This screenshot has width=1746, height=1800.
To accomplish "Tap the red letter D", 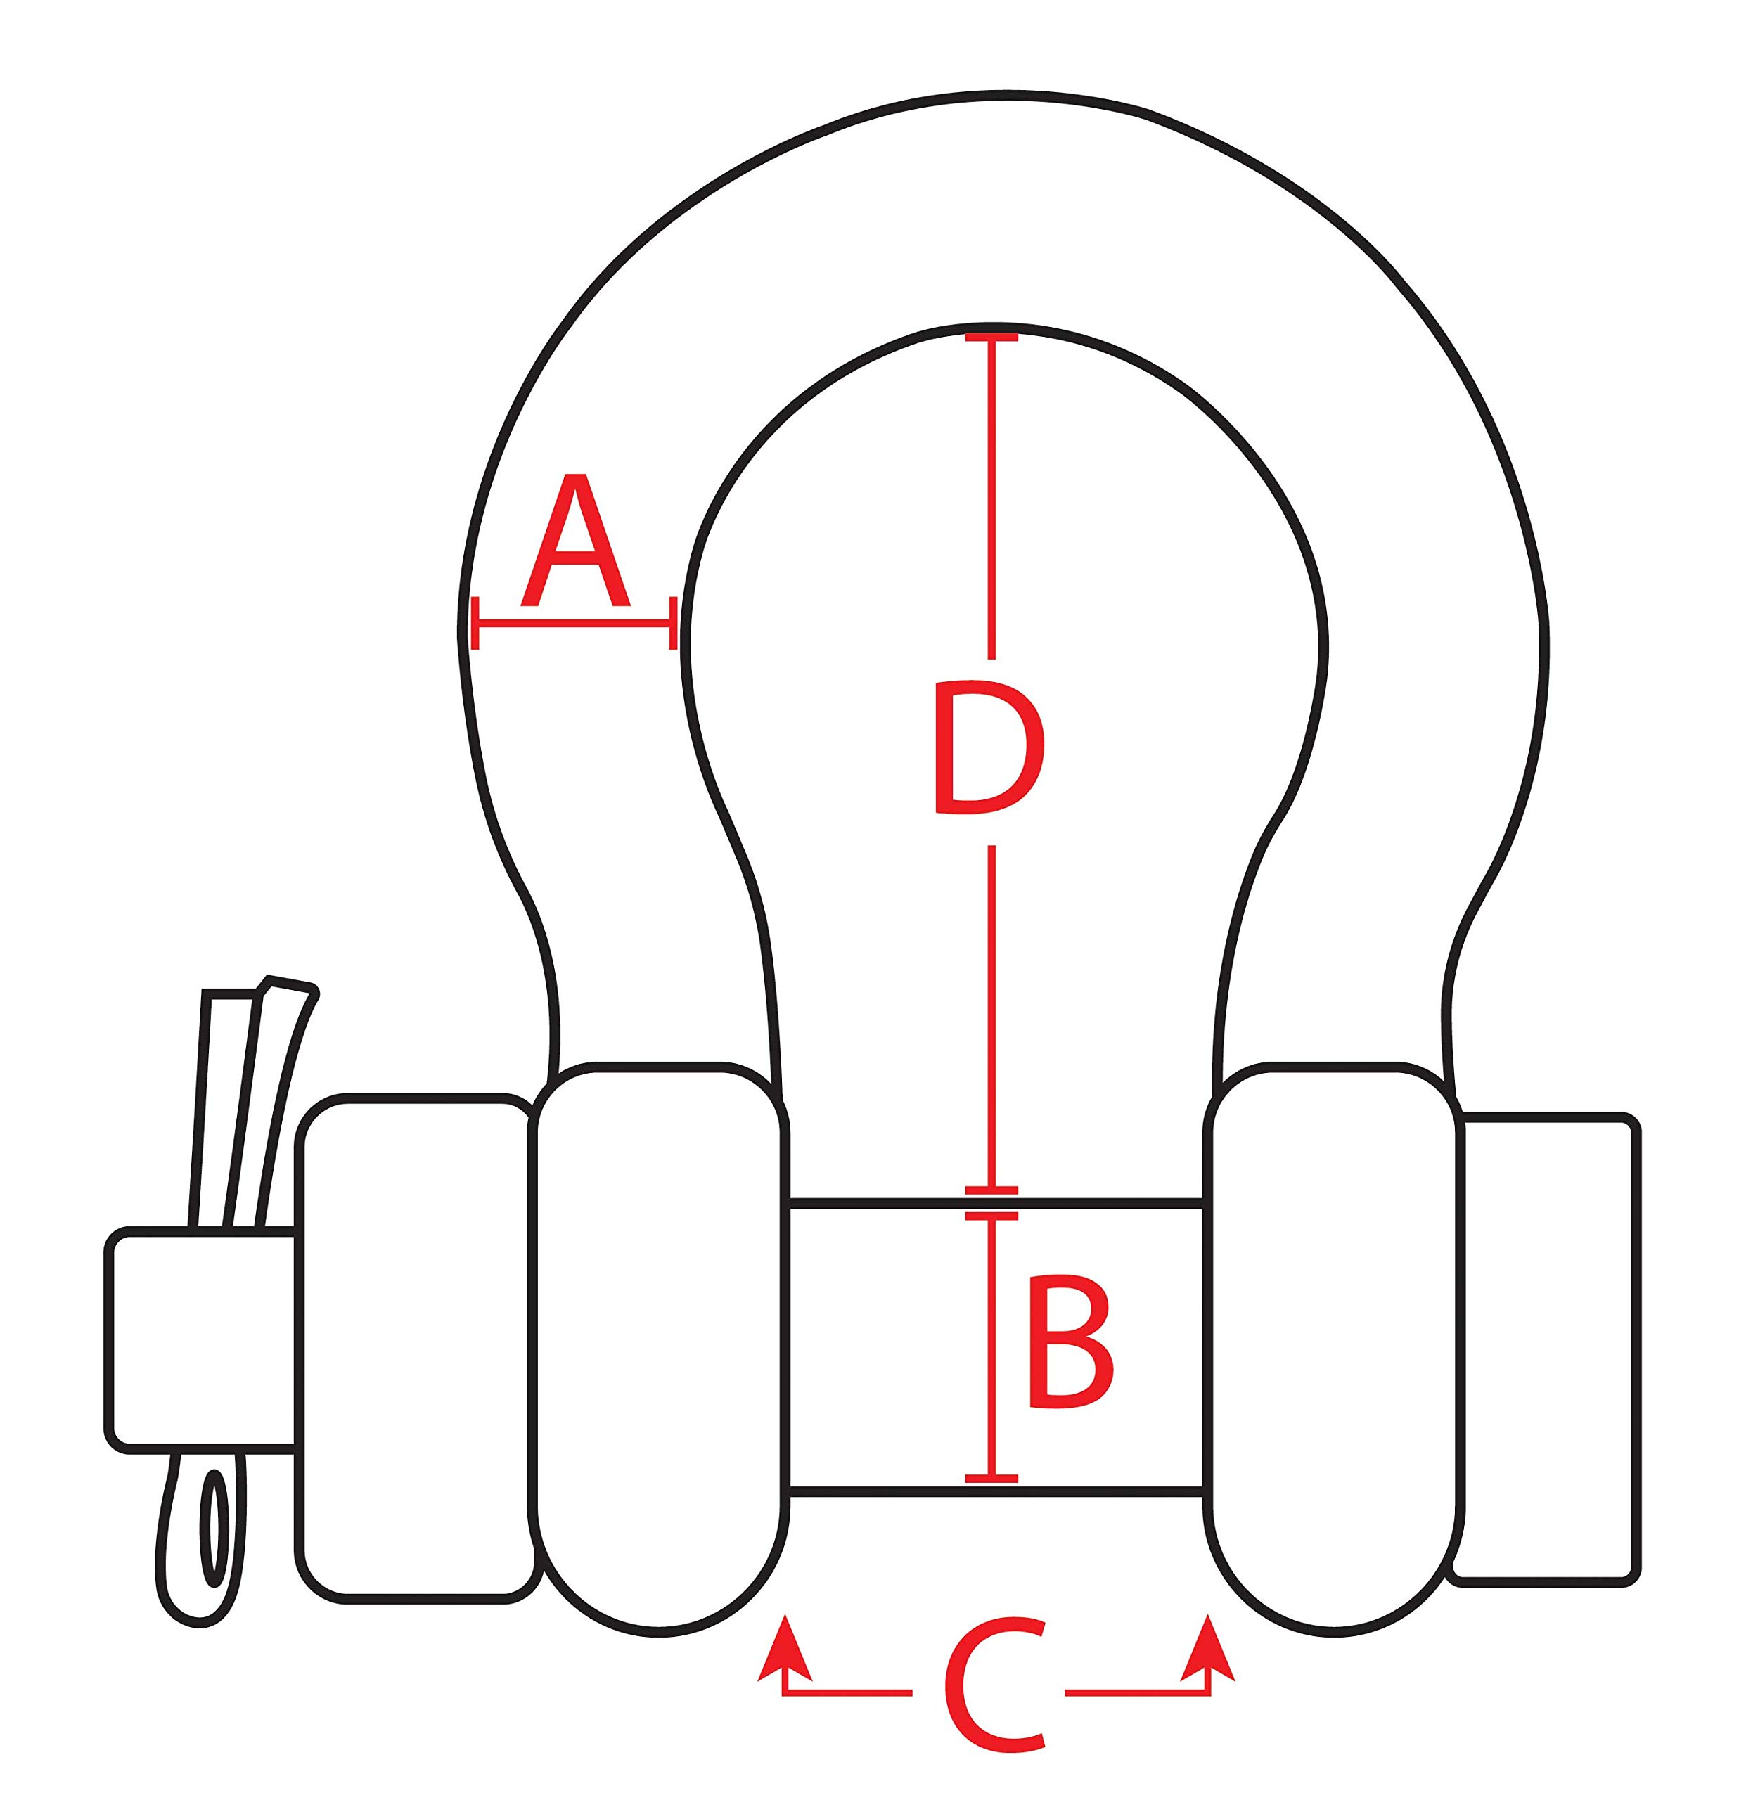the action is point(988,747).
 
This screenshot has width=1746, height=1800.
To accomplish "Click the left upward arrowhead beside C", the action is point(784,1647).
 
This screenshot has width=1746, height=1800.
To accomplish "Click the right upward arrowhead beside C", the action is point(1207,1647).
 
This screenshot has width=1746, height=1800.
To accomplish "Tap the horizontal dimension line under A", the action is point(576,624).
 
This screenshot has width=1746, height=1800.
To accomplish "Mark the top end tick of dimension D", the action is point(992,338).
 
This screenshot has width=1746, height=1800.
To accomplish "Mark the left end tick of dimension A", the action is point(475,624).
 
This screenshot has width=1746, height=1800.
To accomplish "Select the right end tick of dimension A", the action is point(673,624).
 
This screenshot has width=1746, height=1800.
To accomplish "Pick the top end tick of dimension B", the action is point(992,1216).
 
